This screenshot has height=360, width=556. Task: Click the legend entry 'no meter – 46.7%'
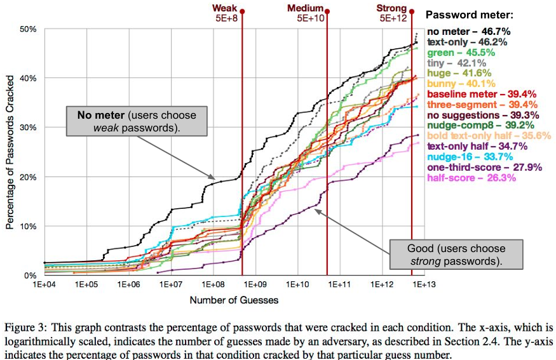click(469, 31)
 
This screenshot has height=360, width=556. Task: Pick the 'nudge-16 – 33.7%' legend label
click(467, 157)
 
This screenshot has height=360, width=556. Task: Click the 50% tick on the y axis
click(29, 29)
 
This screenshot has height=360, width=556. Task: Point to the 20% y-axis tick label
click(29, 177)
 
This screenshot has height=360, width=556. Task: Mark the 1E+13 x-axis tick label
click(421, 285)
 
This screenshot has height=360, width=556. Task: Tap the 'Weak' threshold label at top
click(224, 8)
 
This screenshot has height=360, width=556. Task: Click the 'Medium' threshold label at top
click(306, 8)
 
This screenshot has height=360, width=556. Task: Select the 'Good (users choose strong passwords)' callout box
click(456, 255)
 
